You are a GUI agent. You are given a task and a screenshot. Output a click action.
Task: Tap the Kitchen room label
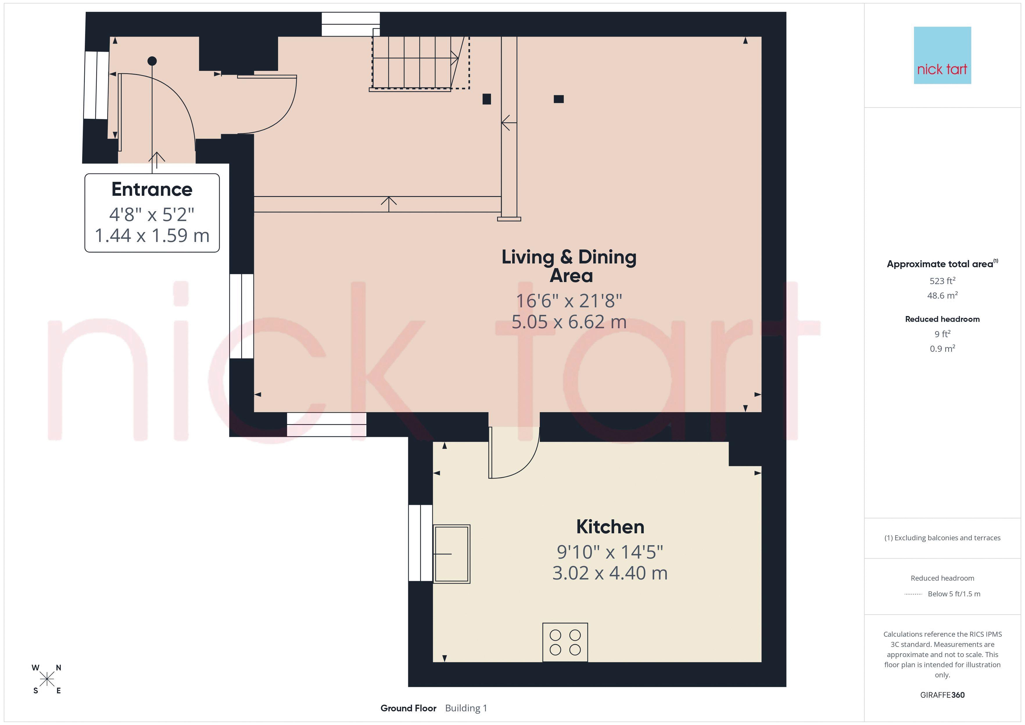tap(610, 527)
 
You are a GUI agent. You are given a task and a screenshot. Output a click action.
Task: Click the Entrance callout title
tap(152, 189)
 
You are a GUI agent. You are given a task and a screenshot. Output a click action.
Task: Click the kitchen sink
tap(451, 554)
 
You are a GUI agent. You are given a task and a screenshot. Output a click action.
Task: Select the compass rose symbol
tap(46, 679)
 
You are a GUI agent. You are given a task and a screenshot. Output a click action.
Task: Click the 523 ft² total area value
tap(942, 281)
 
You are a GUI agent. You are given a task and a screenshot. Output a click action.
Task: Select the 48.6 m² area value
tap(942, 295)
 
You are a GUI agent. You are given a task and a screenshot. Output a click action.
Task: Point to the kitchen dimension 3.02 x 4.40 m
tap(610, 573)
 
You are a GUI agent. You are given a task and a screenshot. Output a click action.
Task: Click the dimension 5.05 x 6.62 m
tap(569, 322)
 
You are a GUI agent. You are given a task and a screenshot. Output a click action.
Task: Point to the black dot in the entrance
tap(152, 61)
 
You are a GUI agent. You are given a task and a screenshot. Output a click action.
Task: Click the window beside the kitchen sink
tap(420, 543)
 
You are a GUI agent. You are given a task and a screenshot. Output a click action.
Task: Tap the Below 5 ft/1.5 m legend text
tap(954, 594)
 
